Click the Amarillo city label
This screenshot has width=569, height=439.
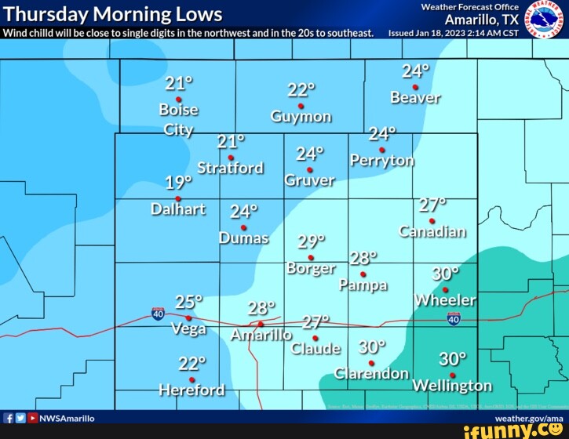261,336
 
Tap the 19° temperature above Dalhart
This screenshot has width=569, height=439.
178,183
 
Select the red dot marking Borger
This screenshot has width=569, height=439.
311,257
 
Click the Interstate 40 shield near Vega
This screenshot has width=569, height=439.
158,314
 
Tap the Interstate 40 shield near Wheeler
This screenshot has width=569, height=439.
454,318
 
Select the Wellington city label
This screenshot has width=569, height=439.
452,386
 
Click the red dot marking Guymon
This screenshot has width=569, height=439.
301,106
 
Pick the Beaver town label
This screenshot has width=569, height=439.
415,98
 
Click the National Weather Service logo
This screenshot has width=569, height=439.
539,19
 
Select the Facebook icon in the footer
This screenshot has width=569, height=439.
8,418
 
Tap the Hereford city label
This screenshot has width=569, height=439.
191,390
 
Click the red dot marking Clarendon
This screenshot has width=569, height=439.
371,363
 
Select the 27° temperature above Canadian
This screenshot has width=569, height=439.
432,205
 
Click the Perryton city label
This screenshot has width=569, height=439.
382,161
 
